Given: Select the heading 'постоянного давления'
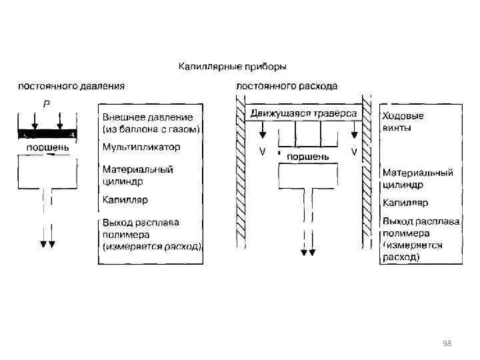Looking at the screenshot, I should pos(71,86).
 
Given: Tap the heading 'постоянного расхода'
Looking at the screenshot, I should pos(287,86).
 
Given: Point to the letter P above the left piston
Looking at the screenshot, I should pos(46,104).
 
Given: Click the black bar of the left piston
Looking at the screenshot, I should pos(47,133).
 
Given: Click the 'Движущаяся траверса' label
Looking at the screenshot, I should pos(303,113).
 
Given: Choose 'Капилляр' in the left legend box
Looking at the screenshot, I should pos(125,199).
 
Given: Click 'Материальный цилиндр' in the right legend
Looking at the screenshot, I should pos(417,178).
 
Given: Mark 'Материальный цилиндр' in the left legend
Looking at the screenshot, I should pos(137,175).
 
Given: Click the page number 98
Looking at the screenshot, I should pos(447,343).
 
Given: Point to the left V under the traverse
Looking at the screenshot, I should pos(262,152).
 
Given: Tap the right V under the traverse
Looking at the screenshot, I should pos(353,152).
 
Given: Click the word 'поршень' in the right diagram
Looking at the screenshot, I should pos(307,156).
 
